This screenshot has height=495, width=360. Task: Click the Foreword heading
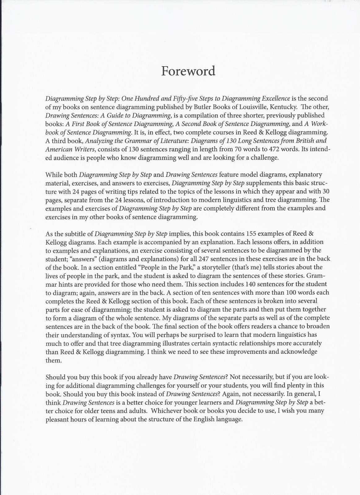tap(188, 71)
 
